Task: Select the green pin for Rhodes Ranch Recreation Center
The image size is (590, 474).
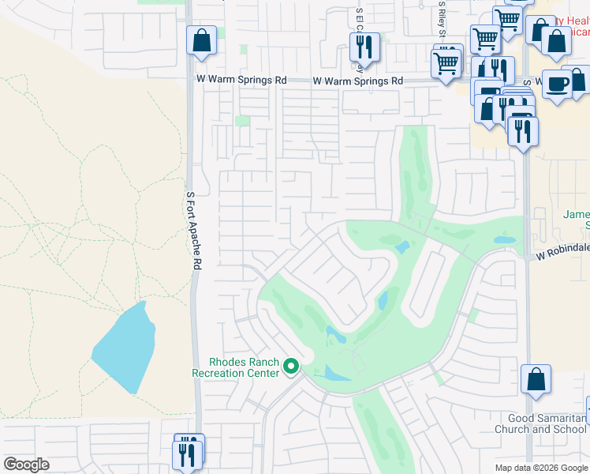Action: pos(291,366)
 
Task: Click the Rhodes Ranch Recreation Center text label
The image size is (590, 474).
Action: pos(236,367)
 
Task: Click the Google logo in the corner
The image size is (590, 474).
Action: pos(26,465)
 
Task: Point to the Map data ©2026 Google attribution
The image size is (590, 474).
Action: pos(541,468)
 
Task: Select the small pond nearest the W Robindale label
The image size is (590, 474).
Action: pos(502,239)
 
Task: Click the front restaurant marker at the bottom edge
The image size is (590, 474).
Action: pos(187,454)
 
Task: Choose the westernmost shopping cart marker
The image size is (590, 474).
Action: pos(446,62)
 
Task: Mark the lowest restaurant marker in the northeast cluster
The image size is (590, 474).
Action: pos(522,131)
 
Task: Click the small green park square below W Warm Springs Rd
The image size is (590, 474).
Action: pos(242,121)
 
